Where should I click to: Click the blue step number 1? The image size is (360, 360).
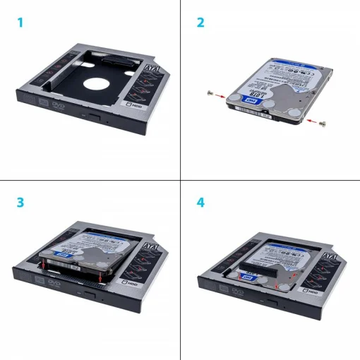coord(20,23)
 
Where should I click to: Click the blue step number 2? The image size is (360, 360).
coord(200,23)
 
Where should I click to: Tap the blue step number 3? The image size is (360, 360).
coord(20,202)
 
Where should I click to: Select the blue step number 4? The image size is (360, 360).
coord(200,202)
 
